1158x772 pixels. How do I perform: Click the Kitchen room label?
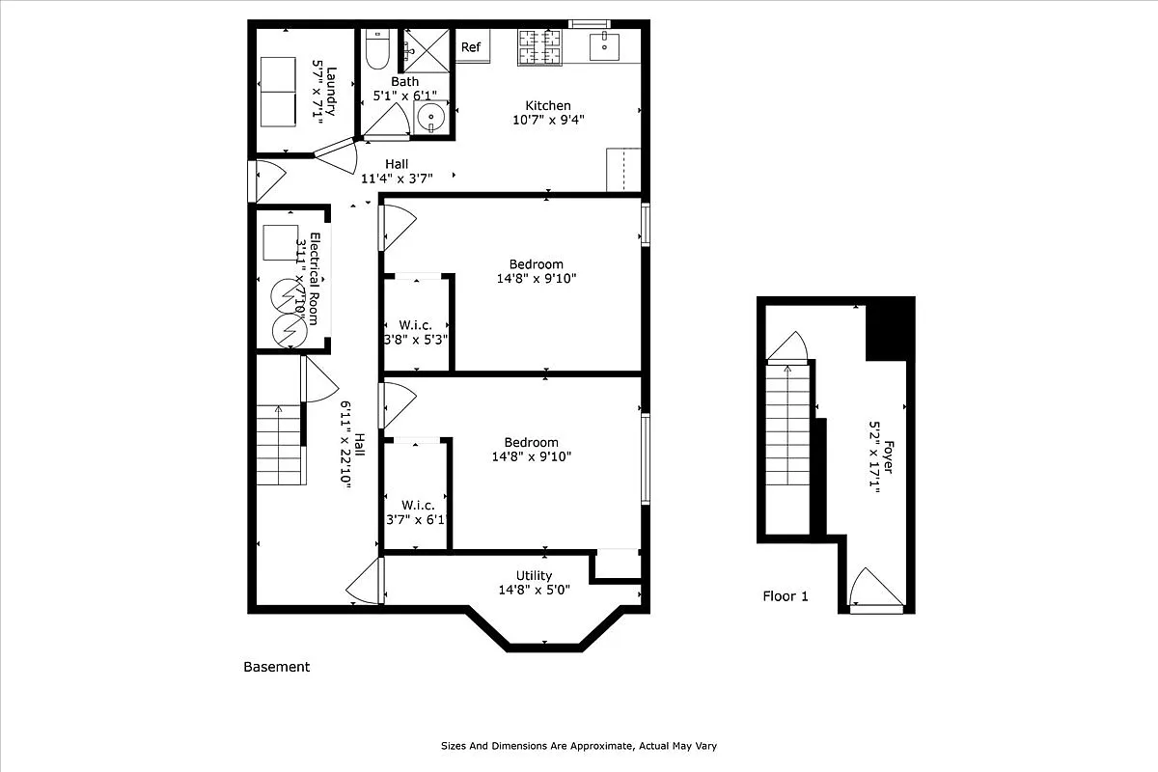(x=547, y=106)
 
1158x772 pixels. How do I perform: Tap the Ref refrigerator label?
(x=470, y=47)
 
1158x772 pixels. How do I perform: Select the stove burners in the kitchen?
(x=540, y=48)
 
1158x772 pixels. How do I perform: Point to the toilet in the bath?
(x=376, y=48)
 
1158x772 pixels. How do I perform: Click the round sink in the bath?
(x=430, y=118)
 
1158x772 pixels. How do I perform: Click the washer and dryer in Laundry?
(x=278, y=91)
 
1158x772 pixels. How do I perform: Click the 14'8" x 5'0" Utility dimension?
(x=534, y=590)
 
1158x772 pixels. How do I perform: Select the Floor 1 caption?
(x=786, y=596)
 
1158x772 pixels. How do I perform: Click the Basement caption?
(x=276, y=667)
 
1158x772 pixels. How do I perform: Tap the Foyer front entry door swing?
(x=875, y=589)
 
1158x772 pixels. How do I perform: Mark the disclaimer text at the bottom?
(x=579, y=746)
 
